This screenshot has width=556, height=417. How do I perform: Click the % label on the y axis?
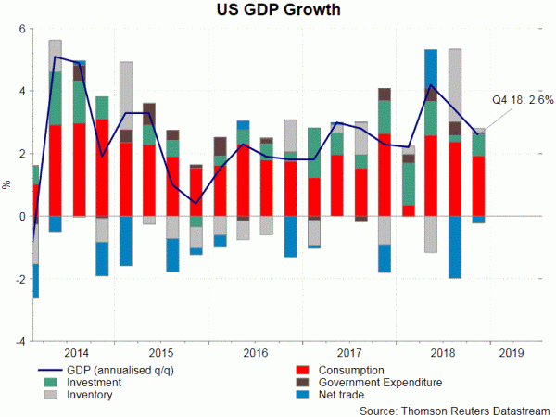click(8, 185)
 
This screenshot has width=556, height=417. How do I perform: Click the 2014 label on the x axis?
click(77, 353)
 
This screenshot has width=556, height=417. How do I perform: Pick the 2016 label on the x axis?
click(255, 353)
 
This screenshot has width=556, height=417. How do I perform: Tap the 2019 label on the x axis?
click(510, 353)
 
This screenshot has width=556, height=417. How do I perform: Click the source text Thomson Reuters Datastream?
click(457, 408)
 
